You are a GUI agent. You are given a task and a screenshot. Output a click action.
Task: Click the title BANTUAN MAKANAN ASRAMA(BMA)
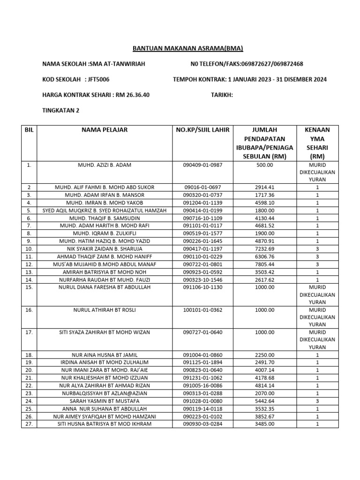(188, 48)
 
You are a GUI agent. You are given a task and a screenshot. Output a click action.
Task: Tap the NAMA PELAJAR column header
(105, 130)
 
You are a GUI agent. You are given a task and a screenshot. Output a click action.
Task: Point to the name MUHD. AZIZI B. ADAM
(105, 165)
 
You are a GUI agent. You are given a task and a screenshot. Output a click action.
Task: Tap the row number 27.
(29, 424)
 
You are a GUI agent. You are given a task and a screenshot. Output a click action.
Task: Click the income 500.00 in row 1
(265, 165)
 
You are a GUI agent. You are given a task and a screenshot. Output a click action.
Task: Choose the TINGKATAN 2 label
(61, 110)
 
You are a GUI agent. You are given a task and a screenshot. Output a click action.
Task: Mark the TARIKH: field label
(222, 95)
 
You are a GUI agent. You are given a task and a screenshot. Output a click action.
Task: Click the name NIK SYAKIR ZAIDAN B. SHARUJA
(105, 249)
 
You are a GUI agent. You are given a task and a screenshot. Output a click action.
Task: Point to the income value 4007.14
(265, 370)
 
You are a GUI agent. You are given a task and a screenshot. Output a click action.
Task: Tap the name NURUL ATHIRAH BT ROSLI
(105, 310)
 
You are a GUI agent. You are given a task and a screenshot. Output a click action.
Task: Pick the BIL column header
(29, 130)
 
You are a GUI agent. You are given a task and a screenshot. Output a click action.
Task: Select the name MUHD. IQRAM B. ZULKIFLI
(105, 233)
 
